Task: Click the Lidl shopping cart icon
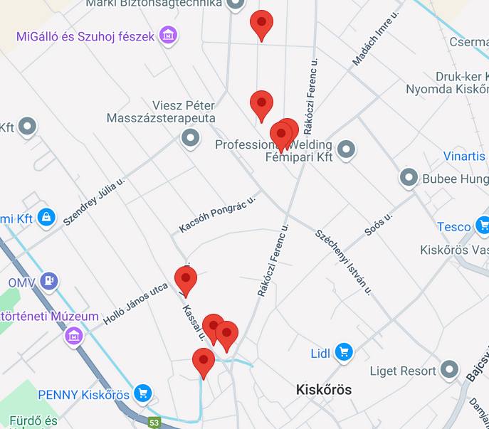pyautogui.click(x=344, y=351)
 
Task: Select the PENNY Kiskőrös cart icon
pyautogui.click(x=143, y=393)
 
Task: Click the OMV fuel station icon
pyautogui.click(x=48, y=282)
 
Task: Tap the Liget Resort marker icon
pyautogui.click(x=449, y=370)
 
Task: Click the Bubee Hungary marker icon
pyautogui.click(x=409, y=178)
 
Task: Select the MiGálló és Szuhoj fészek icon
pyautogui.click(x=168, y=35)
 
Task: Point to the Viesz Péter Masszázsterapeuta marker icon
pyautogui.click(x=190, y=138)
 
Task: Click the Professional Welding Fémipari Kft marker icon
pyautogui.click(x=346, y=149)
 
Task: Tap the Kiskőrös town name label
pyautogui.click(x=324, y=390)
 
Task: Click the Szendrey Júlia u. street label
pyautogui.click(x=94, y=202)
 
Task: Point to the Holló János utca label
pyautogui.click(x=136, y=302)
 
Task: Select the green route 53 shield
pyautogui.click(x=154, y=423)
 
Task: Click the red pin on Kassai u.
pyautogui.click(x=186, y=278)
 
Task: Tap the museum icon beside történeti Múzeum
pyautogui.click(x=74, y=334)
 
